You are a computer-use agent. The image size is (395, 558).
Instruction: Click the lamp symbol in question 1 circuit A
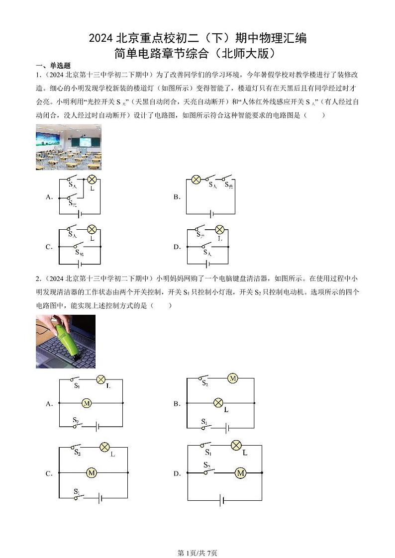[92, 180]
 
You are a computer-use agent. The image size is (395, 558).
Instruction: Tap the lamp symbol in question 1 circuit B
[196, 180]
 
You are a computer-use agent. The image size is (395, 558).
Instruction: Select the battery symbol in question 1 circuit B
[211, 214]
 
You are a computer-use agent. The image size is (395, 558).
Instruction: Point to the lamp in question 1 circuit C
[92, 229]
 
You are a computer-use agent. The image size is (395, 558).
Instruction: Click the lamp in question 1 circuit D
[219, 229]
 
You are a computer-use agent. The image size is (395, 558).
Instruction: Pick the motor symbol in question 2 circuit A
[86, 403]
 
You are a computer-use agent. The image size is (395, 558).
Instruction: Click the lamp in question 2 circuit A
[101, 379]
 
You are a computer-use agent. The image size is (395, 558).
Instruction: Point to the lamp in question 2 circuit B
[217, 403]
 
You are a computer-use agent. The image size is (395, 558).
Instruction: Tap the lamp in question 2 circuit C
[104, 447]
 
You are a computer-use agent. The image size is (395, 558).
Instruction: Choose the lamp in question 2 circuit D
[236, 445]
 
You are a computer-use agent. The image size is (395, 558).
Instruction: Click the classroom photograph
[68, 147]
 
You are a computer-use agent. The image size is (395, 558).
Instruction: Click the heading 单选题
[56, 65]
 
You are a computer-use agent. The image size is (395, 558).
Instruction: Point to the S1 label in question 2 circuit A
[77, 385]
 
